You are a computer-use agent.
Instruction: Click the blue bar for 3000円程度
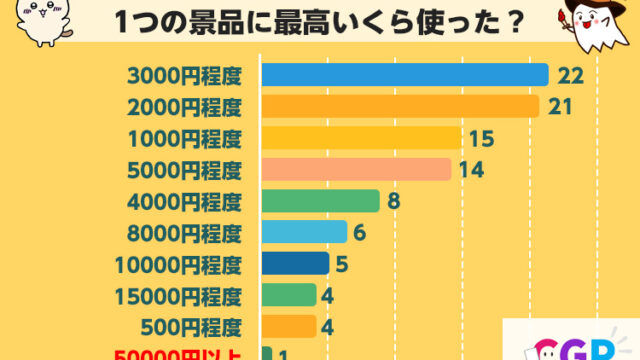pos(404,75)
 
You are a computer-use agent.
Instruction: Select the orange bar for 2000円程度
pos(400,106)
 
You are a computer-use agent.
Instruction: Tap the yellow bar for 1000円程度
pos(361,138)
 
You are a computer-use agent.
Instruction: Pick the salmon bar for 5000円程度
pos(356,169)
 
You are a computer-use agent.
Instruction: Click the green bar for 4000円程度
pos(320,201)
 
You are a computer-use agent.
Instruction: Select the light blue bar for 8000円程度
pos(304,232)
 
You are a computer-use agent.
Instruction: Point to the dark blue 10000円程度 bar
pos(295,264)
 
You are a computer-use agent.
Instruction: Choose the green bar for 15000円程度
pos(289,295)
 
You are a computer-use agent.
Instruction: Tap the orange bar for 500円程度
pos(289,326)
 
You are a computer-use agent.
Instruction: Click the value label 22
pos(570,75)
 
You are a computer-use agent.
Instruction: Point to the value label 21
pos(560,106)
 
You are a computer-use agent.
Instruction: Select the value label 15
pos(482,138)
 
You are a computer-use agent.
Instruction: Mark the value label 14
pos(472,169)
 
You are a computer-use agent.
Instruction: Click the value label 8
pos(394,201)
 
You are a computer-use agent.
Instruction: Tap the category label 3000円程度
pos(185,75)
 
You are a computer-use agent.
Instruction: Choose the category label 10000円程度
pos(179,264)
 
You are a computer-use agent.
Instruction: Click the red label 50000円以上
pos(179,354)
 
